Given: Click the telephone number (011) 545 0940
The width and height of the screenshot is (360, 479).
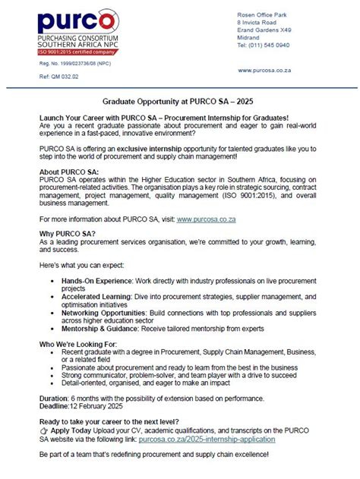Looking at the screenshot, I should click(x=263, y=45).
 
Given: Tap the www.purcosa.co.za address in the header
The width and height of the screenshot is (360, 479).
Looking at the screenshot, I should click(x=265, y=70).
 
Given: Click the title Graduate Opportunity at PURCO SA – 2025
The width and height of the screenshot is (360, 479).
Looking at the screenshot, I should click(x=180, y=100).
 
